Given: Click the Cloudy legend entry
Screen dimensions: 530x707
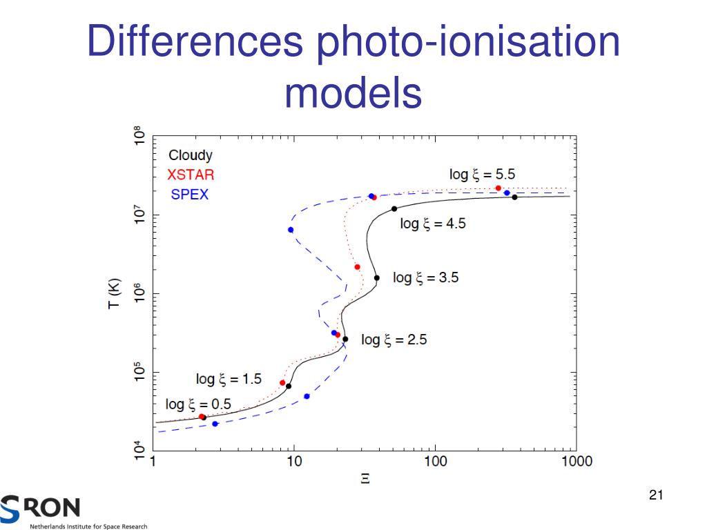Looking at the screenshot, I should click(191, 155).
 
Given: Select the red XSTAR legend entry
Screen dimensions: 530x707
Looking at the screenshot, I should click(191, 175).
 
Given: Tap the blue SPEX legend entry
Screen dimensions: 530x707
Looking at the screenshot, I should click(190, 195).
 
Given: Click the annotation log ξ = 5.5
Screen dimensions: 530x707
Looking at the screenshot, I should click(482, 174).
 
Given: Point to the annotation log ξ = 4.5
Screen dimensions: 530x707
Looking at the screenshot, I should click(433, 224).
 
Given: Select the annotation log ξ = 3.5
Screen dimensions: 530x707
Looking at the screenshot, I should click(425, 278).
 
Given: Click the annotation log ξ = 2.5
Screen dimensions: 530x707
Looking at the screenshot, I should click(394, 340).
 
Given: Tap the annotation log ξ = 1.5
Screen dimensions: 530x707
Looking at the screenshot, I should click(229, 379).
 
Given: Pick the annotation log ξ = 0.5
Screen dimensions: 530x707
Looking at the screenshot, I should click(198, 404).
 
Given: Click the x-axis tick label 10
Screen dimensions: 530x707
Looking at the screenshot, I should click(294, 461).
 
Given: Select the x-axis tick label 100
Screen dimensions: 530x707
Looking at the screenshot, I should click(434, 461).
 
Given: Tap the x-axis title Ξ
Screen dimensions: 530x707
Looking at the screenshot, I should click(365, 478).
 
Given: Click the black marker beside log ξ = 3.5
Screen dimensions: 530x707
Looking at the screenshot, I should click(377, 278).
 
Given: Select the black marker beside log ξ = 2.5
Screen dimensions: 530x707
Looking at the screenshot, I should click(345, 339).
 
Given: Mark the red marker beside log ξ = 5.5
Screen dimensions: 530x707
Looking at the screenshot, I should click(498, 188).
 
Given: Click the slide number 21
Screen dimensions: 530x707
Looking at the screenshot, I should click(656, 495).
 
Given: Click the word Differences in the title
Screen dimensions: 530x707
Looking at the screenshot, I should click(195, 43).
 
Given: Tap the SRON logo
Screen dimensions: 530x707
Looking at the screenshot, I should click(41, 509).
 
